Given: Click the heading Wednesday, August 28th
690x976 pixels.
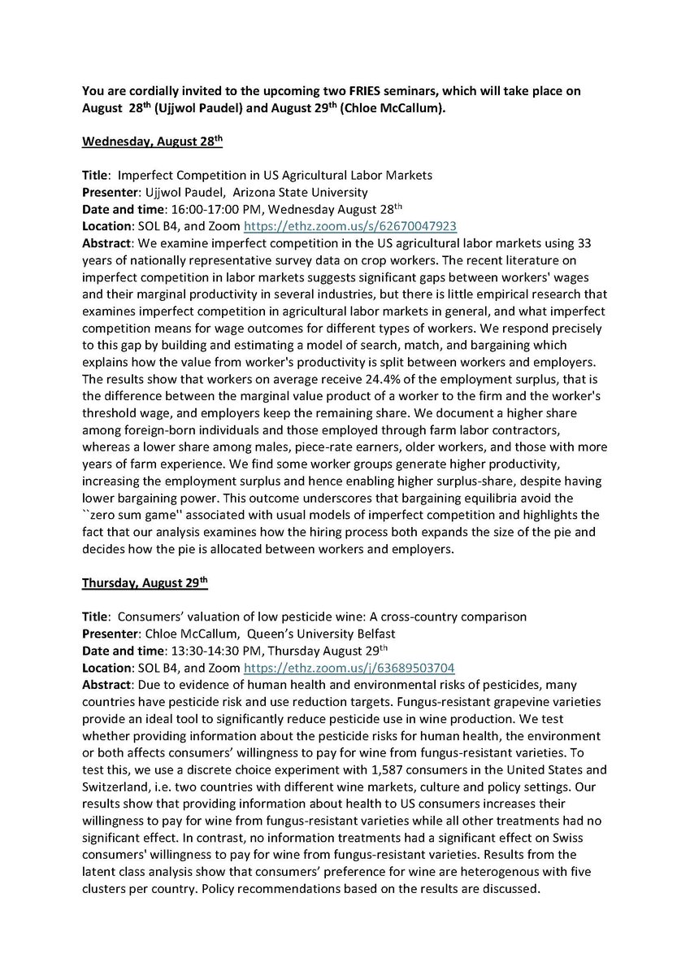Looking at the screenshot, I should tap(152, 141).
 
